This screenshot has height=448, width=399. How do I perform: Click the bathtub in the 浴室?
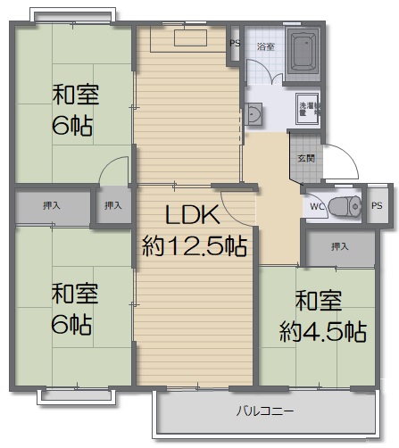tap(303, 53)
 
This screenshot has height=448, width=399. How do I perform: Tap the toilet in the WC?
tap(345, 206)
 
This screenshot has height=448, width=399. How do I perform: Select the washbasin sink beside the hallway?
tap(254, 114)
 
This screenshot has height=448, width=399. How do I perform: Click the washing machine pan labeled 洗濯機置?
tap(308, 109)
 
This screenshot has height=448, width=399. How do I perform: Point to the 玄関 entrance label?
tap(306, 158)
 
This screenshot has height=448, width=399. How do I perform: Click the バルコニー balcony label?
tap(265, 411)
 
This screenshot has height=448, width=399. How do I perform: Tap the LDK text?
tap(193, 214)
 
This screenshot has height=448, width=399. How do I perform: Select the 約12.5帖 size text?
tap(195, 246)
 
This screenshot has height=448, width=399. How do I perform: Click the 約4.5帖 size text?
tap(323, 331)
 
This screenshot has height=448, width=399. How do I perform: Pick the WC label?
tap(317, 206)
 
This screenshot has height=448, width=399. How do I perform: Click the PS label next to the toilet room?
tap(377, 205)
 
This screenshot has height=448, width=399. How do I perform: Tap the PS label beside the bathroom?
tap(235, 43)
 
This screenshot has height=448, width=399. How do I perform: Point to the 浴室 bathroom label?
tap(266, 46)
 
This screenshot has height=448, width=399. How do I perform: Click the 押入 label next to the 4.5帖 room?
tap(340, 246)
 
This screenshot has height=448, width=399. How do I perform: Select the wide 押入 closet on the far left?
tap(53, 206)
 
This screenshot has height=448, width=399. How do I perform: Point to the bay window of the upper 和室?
tap(72, 15)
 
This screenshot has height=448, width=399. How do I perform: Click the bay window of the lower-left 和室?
tap(76, 395)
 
